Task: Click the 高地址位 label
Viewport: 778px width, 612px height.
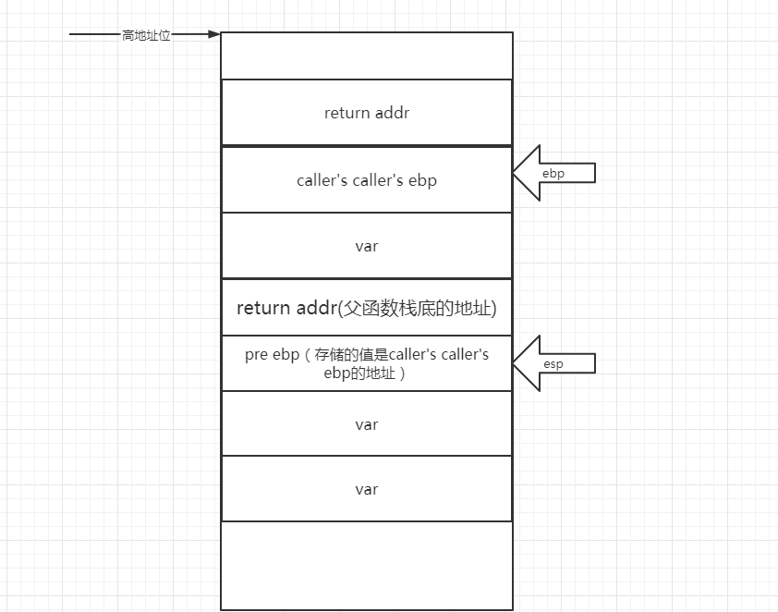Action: (x=146, y=35)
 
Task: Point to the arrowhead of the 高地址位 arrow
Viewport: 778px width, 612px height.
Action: (x=214, y=35)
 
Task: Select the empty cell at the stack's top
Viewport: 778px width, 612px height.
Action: (x=366, y=55)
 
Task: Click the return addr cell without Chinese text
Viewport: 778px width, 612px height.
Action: (x=366, y=113)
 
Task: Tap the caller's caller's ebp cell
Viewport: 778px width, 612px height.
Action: (x=366, y=180)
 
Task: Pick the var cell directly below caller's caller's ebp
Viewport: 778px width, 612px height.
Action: (x=366, y=246)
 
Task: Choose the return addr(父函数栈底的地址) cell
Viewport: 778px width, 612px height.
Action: (x=366, y=308)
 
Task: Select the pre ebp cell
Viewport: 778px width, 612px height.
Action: (x=366, y=363)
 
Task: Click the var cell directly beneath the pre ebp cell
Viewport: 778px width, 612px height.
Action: (x=366, y=424)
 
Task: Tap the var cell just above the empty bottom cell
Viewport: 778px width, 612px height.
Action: (x=366, y=489)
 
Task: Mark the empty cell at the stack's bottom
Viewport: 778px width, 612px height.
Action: (x=366, y=565)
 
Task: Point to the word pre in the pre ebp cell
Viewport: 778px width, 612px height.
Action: (x=256, y=355)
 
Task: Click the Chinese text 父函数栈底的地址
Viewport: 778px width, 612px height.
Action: (x=424, y=308)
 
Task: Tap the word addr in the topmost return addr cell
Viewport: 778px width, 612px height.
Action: (x=393, y=113)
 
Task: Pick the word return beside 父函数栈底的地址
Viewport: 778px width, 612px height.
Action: (x=263, y=308)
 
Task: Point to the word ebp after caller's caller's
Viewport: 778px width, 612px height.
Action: (x=421, y=180)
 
